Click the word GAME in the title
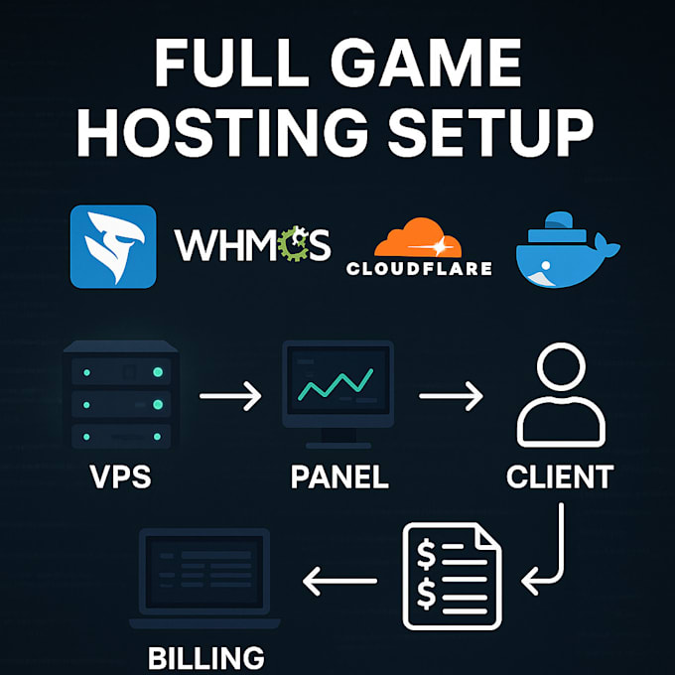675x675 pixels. [426, 63]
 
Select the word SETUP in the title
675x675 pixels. [490, 132]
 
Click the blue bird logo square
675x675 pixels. [113, 246]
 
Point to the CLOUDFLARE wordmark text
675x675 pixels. [419, 269]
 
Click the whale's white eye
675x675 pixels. [546, 265]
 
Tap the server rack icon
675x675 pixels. [121, 394]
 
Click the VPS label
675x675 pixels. [120, 476]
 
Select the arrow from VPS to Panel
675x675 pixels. [230, 396]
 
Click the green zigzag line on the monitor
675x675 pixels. [336, 384]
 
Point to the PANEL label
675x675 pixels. [339, 476]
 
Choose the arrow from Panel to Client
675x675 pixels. [451, 396]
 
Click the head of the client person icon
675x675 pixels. [561, 366]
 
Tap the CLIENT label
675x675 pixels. [560, 476]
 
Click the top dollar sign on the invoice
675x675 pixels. [426, 554]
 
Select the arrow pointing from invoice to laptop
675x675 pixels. [339, 581]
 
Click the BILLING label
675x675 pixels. [206, 659]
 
